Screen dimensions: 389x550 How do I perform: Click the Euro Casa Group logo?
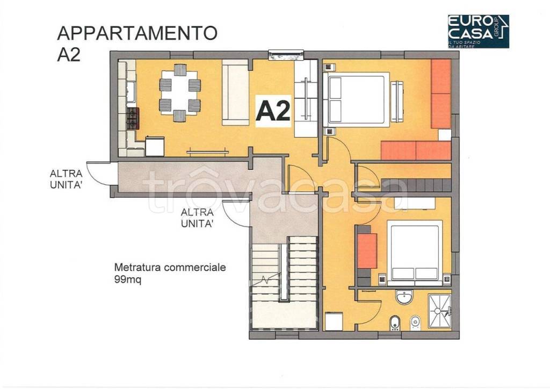point(477,31)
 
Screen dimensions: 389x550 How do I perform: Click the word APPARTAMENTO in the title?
point(137,33)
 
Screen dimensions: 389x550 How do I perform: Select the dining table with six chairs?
point(180,92)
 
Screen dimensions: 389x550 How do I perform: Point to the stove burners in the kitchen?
point(132,118)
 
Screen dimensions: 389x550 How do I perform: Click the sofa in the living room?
point(235,93)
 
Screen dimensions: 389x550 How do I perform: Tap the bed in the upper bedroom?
point(356,102)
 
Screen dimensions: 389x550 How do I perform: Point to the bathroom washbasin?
point(403,297)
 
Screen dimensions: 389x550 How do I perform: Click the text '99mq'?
point(127,280)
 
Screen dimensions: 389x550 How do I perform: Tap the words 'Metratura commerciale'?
point(170,267)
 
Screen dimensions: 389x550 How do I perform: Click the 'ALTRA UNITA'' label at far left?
point(66,179)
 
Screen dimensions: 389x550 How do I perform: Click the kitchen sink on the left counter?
point(130,89)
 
